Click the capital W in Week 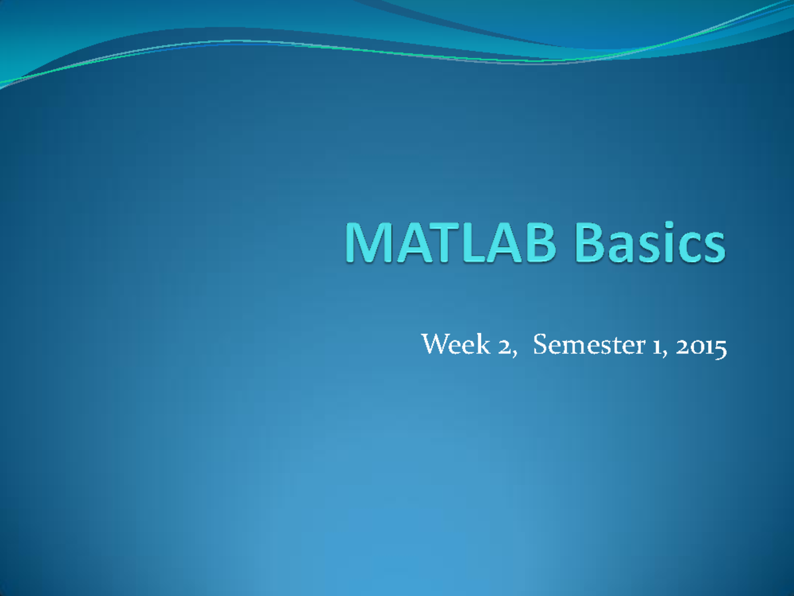432,345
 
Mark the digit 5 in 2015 721,347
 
